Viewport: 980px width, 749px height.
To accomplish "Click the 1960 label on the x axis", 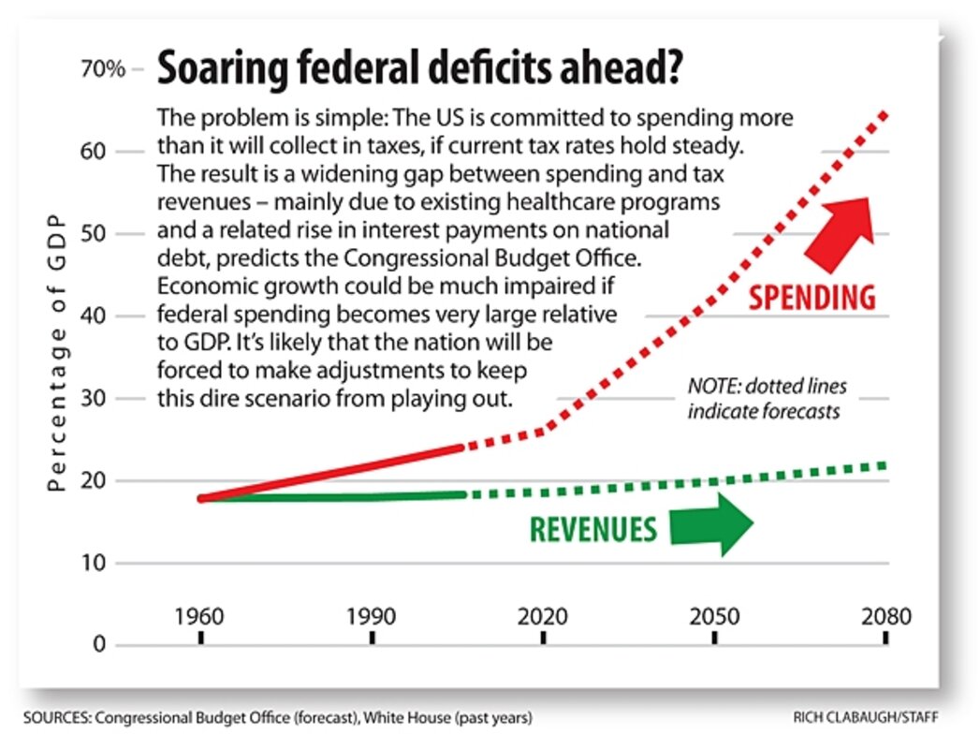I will pos(199,619).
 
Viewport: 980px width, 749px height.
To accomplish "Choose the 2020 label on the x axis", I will pos(543,619).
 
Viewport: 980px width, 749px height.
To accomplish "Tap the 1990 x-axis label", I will pos(372,619).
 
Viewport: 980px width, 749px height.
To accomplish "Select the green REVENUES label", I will pos(593,529).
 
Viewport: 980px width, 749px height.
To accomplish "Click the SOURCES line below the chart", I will pos(278,718).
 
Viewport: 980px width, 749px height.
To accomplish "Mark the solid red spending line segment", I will pos(332,473).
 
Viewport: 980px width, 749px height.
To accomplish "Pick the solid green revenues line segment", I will pos(332,496).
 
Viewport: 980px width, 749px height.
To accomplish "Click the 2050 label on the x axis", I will pos(714,619).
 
